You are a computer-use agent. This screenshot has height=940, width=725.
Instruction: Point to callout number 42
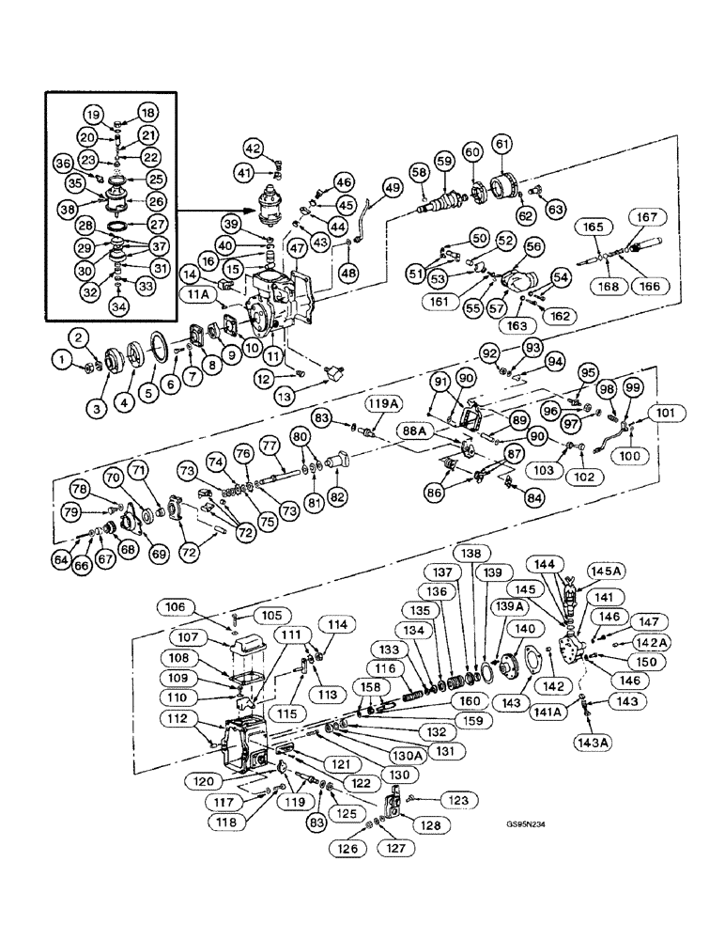[x=255, y=148]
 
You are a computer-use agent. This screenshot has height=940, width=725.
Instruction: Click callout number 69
[x=158, y=554]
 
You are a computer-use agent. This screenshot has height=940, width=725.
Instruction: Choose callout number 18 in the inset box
[x=147, y=112]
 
